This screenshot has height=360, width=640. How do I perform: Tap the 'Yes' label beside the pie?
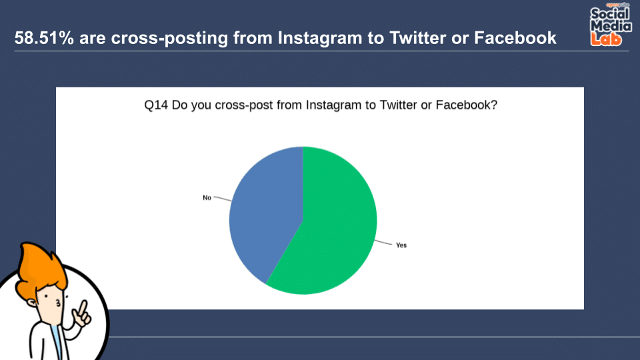tap(401, 245)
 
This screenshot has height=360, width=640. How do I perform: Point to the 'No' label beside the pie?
tap(207, 198)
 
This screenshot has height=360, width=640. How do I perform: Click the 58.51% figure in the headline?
tap(44, 38)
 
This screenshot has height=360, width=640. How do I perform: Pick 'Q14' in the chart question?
tap(156, 105)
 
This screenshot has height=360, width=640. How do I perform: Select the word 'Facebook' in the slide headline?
tap(515, 38)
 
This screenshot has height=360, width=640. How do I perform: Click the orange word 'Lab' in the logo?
tap(606, 39)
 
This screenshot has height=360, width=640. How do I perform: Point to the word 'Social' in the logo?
tap(610, 14)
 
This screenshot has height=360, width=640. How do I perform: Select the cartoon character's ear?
tap(32, 303)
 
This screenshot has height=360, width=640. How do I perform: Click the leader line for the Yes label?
tap(383, 243)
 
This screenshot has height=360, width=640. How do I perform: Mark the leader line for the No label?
tap(223, 199)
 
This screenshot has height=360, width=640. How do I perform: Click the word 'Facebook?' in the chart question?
tap(467, 105)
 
